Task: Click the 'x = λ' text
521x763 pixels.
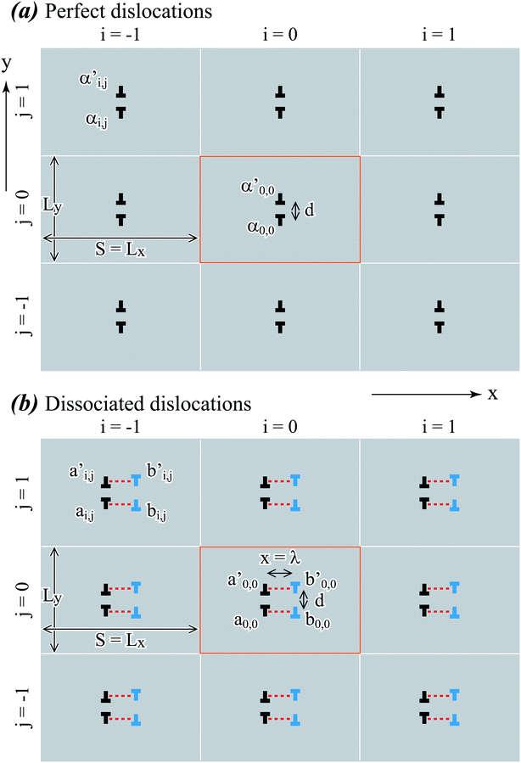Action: click(x=279, y=557)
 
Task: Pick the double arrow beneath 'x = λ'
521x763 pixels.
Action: click(x=279, y=574)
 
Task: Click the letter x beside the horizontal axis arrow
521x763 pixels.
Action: click(x=492, y=393)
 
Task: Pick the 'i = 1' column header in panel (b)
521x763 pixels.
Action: click(x=439, y=426)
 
